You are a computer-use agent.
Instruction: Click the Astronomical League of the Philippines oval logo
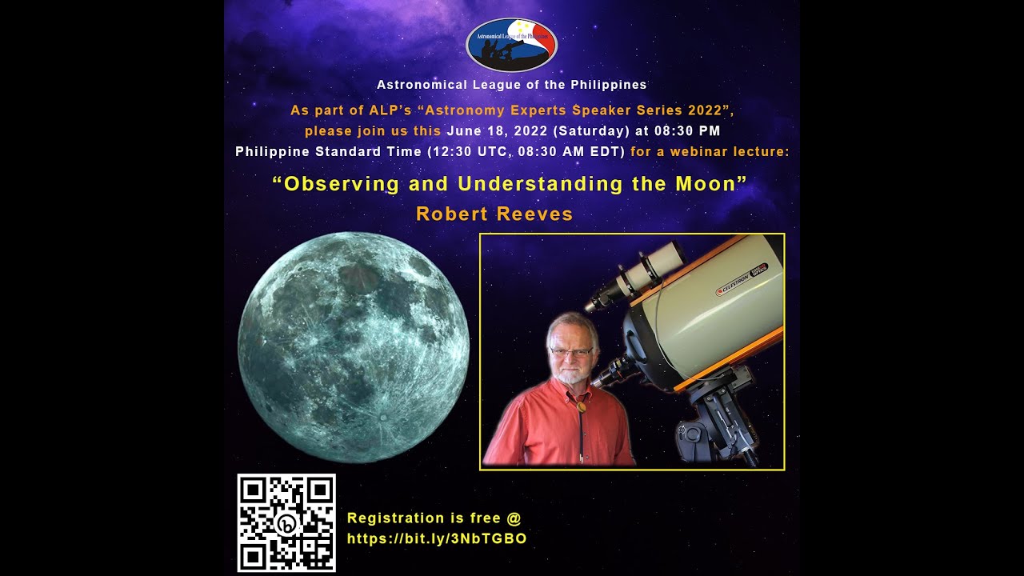[511, 45]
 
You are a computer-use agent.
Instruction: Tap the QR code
[286, 522]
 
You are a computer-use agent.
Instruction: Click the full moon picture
[353, 346]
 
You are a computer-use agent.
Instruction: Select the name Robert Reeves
[494, 214]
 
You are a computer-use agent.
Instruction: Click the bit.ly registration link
[437, 539]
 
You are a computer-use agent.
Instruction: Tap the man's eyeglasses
[571, 351]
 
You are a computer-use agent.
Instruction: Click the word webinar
[695, 151]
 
